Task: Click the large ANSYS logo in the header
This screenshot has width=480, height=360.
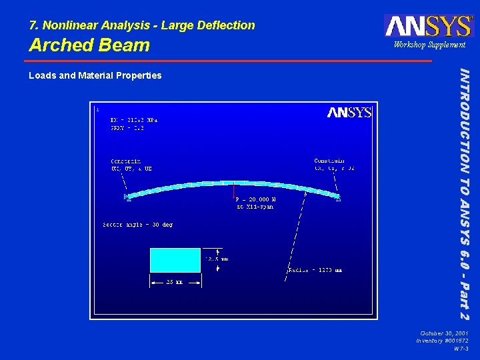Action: [x=427, y=25]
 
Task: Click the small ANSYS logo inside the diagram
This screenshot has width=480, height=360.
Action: [x=349, y=112]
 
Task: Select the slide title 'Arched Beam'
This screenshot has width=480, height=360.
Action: [x=89, y=45]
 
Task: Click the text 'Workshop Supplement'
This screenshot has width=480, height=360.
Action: [x=429, y=45]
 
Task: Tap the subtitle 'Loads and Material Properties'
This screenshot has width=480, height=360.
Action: [x=95, y=75]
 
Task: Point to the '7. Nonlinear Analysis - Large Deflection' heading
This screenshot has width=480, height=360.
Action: [x=141, y=25]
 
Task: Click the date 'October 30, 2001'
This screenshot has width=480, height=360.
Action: [x=445, y=333]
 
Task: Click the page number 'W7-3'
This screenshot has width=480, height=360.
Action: [x=460, y=349]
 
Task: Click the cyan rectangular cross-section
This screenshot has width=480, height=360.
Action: [x=175, y=260]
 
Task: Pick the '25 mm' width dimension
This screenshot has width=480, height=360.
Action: [x=175, y=283]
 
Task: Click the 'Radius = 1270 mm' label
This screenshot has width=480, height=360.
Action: [x=315, y=270]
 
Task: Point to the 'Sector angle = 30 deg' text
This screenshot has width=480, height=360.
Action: [x=138, y=225]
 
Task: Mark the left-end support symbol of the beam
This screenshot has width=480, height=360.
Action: [x=127, y=197]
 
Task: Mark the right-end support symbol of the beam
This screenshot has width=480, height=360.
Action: [x=339, y=199]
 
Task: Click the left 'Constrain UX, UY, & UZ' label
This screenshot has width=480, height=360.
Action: [x=131, y=165]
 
